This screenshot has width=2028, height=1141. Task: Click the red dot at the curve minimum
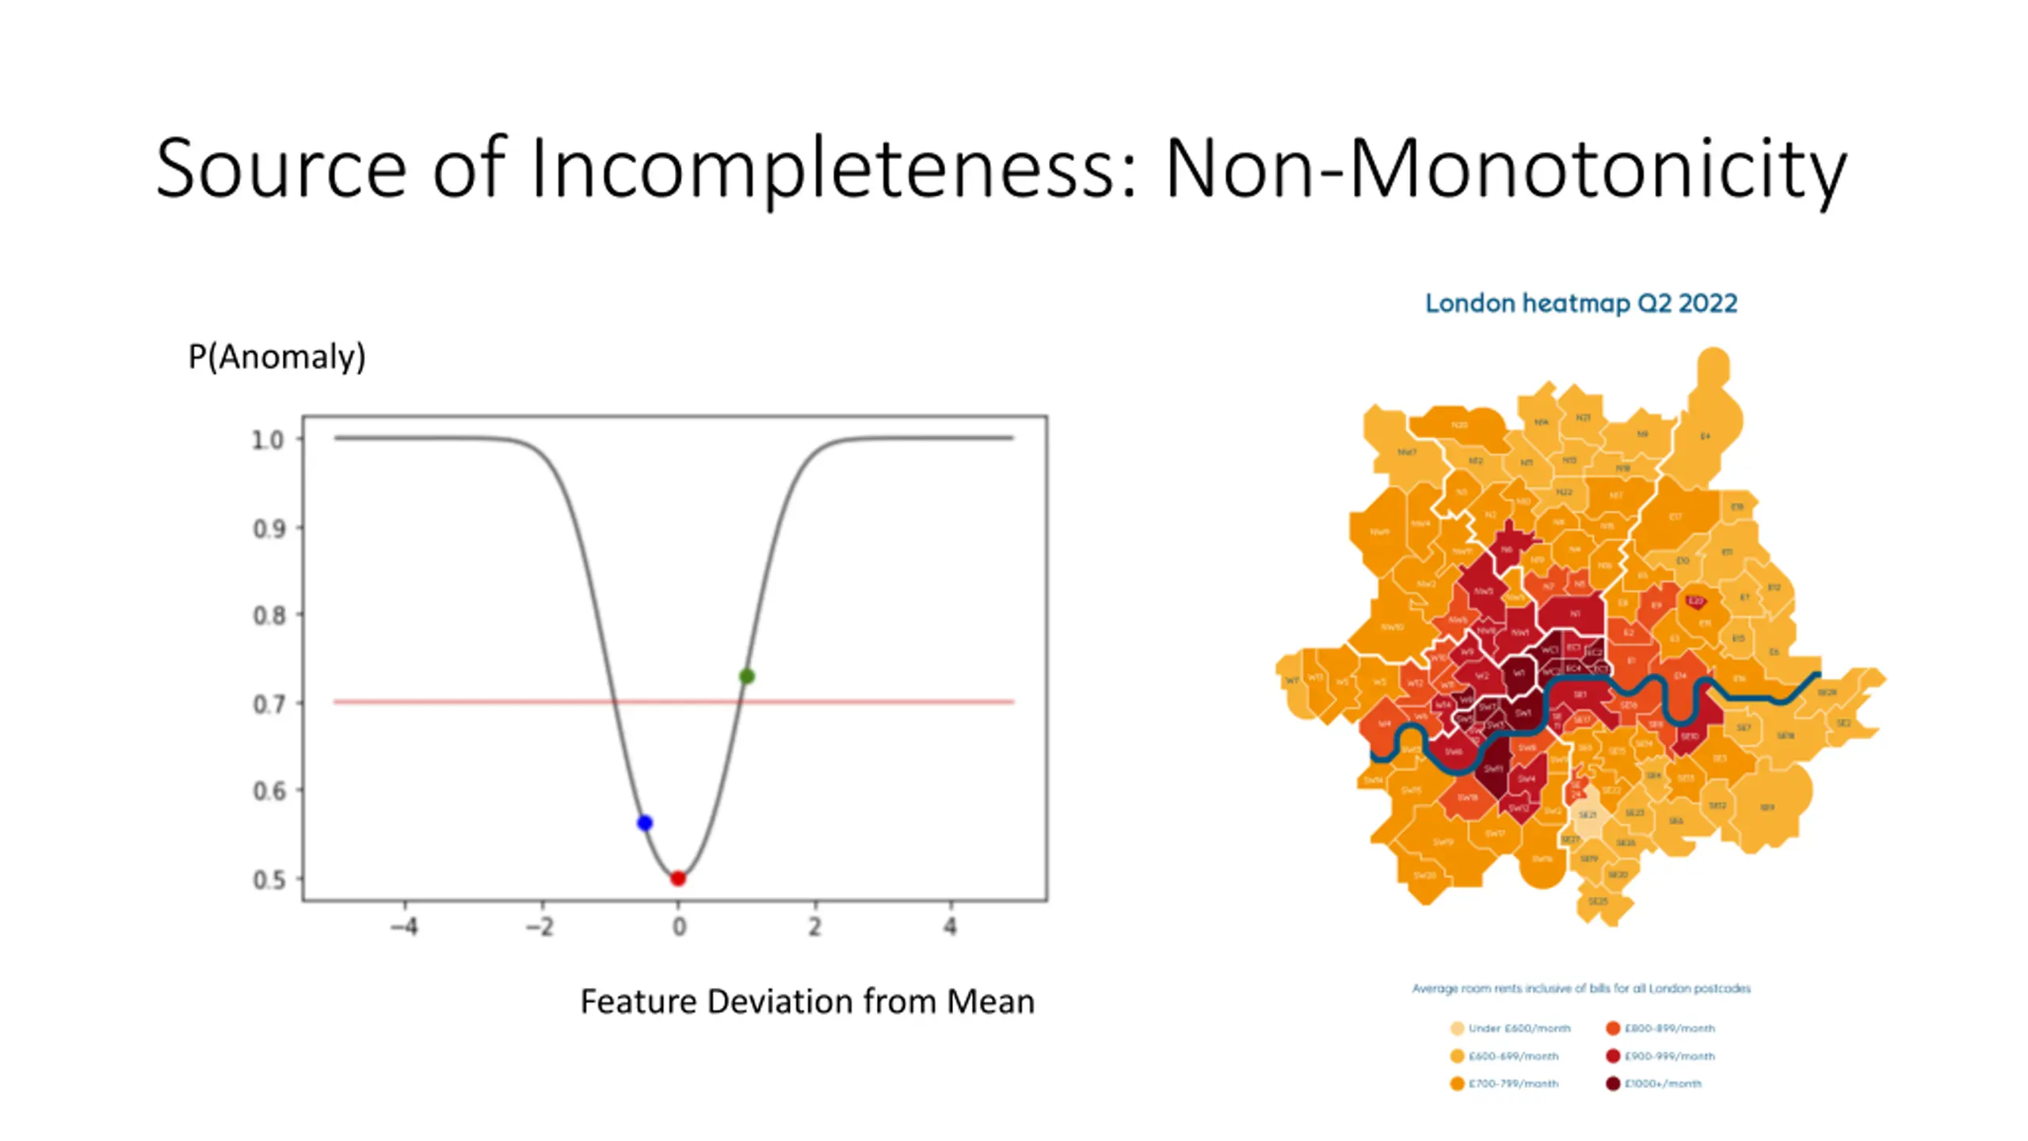tap(677, 878)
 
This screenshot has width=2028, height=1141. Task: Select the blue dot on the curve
tap(645, 823)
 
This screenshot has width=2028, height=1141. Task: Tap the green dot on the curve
tap(746, 676)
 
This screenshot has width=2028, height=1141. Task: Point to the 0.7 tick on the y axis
tap(298, 703)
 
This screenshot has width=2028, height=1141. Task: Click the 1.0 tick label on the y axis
tap(268, 440)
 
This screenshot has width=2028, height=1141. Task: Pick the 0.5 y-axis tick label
tap(269, 880)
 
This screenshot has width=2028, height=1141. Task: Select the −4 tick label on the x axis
tap(404, 926)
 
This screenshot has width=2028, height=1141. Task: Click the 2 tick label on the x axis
tap(814, 926)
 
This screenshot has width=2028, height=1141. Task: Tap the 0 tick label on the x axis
tap(678, 926)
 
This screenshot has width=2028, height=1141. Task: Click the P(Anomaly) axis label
tap(276, 357)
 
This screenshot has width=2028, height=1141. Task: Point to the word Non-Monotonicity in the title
tap(1505, 169)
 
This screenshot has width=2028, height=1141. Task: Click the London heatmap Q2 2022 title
tap(1580, 303)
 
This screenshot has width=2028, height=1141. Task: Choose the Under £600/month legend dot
tap(1457, 1028)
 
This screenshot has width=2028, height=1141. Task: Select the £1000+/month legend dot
tap(1612, 1083)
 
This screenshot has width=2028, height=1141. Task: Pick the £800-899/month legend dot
tap(1612, 1028)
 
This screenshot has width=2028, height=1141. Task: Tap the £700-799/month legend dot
tap(1457, 1083)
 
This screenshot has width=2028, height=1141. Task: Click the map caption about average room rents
tap(1580, 988)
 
